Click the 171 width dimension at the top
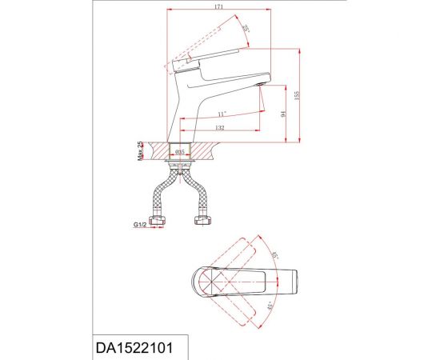tap(218, 7)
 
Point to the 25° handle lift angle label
tap(246, 30)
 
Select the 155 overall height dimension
tap(296, 94)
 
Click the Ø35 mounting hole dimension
tap(181, 150)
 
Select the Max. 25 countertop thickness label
tap(140, 150)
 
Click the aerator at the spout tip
tap(260, 83)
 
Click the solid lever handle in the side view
tap(216, 57)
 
